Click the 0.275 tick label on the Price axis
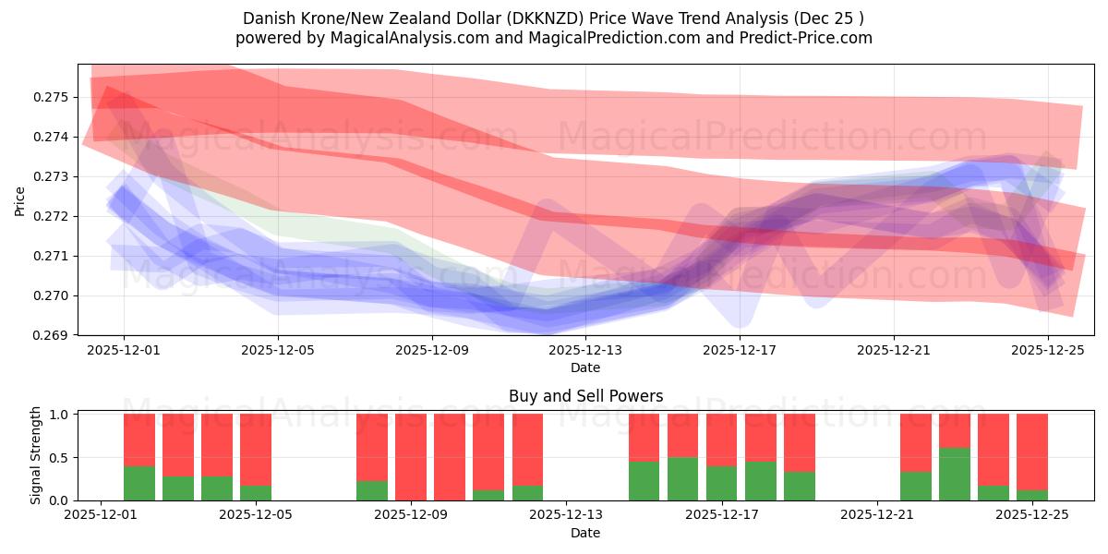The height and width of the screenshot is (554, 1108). [52, 97]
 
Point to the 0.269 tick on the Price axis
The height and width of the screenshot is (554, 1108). [52, 335]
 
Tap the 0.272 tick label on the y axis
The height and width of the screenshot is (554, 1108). [52, 216]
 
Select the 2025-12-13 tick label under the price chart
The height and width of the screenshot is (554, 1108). [585, 351]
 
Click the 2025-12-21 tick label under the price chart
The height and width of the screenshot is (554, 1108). [894, 351]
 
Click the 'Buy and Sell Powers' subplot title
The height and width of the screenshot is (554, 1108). [585, 396]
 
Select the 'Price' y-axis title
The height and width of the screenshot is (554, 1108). [20, 200]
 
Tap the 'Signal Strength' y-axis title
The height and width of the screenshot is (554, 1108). [36, 456]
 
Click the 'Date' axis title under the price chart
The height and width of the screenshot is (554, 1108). [585, 367]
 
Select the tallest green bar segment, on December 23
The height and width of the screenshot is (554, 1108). [955, 474]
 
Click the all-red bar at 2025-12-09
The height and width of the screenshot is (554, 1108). [411, 457]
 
